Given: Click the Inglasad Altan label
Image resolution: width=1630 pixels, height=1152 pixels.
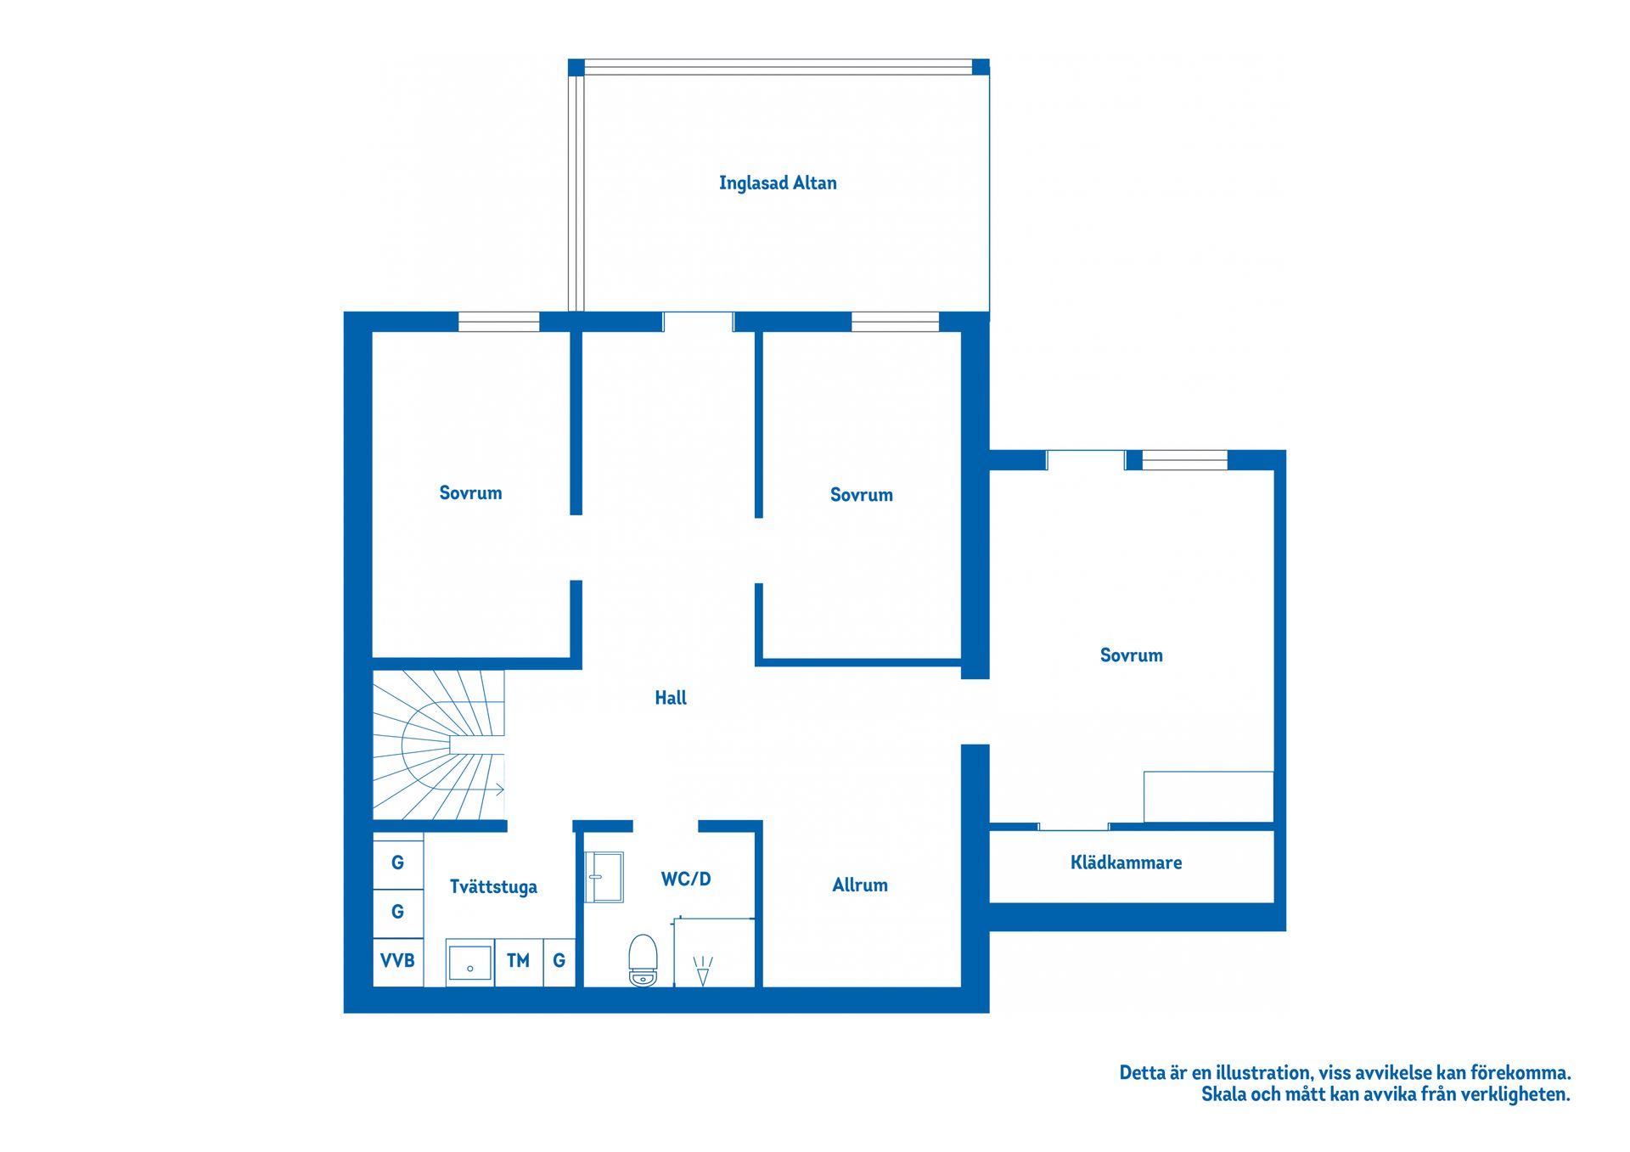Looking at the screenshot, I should [x=778, y=183].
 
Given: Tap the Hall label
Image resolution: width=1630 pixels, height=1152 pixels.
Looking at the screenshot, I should [x=671, y=698].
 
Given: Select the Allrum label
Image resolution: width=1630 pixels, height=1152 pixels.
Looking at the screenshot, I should [x=860, y=885].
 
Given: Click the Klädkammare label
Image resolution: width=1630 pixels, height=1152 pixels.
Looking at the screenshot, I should [x=1126, y=863].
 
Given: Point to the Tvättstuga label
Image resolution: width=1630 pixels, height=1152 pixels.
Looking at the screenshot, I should [x=493, y=887].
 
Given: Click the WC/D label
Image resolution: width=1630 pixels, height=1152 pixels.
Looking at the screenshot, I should [x=686, y=879].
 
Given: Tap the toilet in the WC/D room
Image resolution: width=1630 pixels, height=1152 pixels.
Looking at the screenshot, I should [x=644, y=960].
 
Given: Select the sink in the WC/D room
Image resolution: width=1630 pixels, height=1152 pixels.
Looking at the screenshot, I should [x=604, y=877].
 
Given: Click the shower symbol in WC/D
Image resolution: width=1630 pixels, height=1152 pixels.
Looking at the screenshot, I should [x=703, y=970].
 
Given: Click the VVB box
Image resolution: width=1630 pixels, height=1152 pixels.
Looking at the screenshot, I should [x=397, y=961].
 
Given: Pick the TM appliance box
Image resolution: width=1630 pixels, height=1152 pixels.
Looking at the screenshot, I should [x=518, y=961].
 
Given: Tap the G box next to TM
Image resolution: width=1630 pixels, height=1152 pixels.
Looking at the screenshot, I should [x=559, y=961].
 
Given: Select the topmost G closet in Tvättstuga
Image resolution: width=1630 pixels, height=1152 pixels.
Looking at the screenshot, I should [x=397, y=863].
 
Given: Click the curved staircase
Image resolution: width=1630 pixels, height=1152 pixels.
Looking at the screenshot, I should [x=433, y=745].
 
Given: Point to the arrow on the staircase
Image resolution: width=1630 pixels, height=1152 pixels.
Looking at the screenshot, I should [x=499, y=790].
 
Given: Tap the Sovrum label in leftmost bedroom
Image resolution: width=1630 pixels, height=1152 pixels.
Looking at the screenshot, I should [x=470, y=493].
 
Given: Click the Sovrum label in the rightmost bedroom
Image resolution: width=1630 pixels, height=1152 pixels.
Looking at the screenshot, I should [x=1131, y=655].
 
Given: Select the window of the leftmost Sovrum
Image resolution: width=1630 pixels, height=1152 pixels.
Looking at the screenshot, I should [x=499, y=322].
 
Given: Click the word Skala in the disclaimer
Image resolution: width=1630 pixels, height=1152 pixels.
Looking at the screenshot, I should [x=1223, y=1095].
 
